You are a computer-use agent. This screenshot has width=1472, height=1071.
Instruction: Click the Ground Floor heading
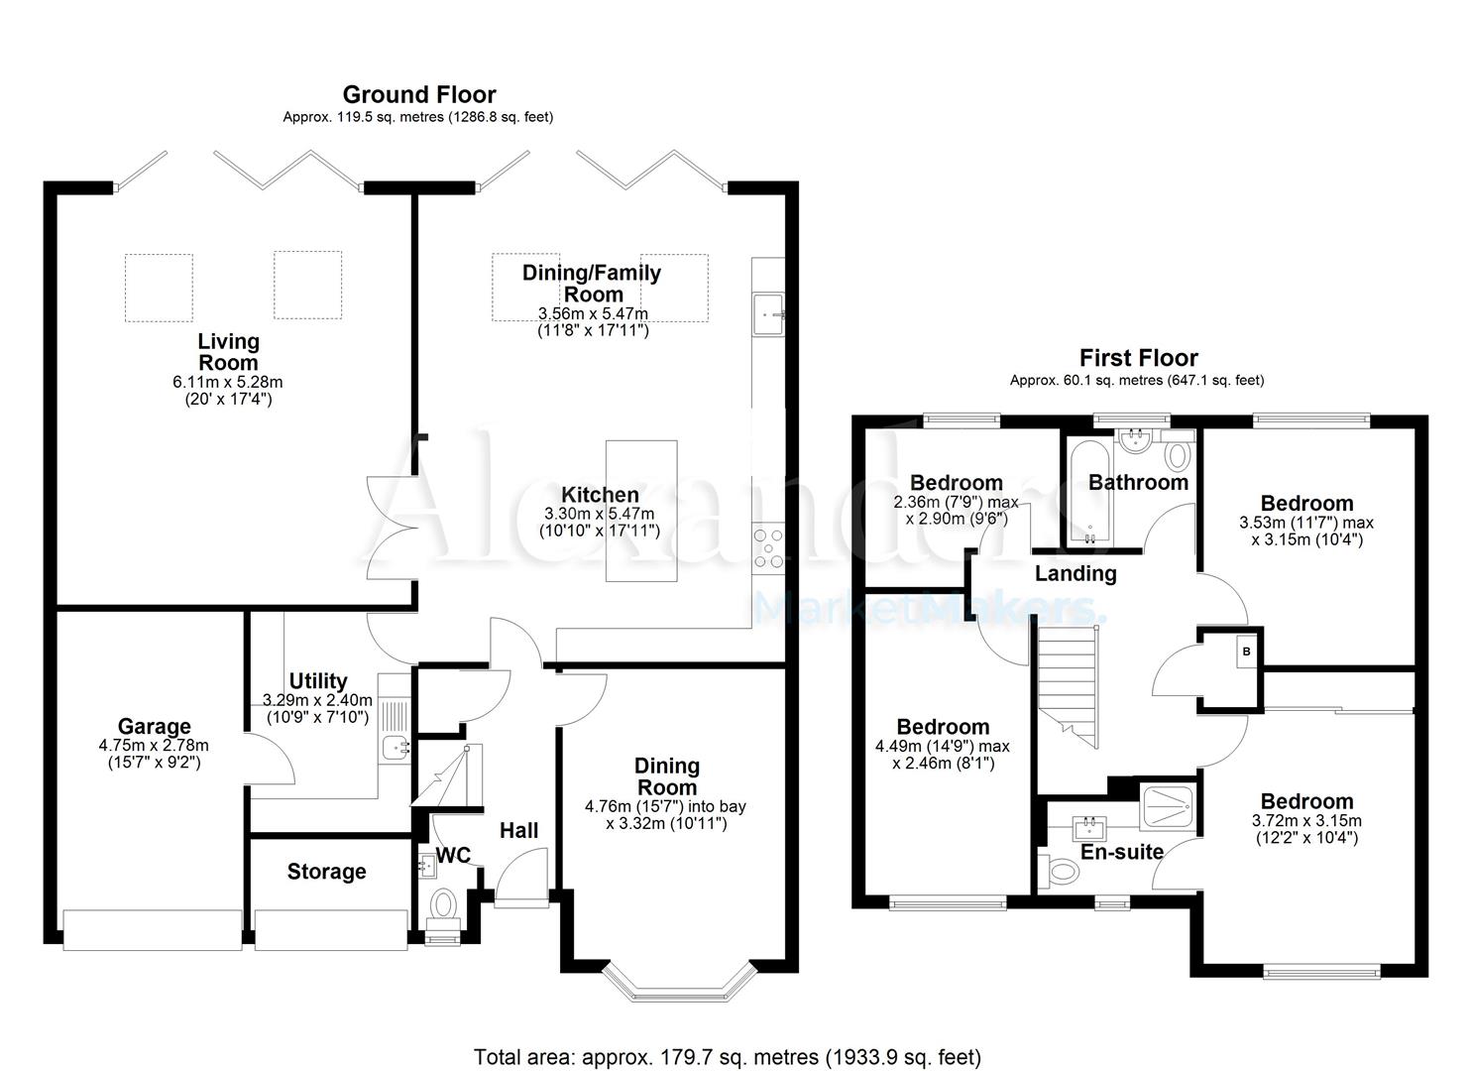(x=418, y=95)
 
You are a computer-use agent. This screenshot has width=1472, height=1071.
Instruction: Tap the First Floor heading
(x=1138, y=358)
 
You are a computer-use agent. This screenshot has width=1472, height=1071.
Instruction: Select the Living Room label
(x=228, y=352)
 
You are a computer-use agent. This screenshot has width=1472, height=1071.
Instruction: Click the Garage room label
(x=154, y=727)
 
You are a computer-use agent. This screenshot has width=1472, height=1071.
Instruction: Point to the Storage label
(x=326, y=872)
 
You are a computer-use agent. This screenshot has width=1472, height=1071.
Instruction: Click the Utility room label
(x=317, y=681)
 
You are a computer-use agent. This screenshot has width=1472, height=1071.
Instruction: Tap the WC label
(x=453, y=855)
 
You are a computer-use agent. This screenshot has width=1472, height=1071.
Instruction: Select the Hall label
(x=518, y=830)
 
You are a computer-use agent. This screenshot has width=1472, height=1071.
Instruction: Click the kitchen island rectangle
(x=641, y=511)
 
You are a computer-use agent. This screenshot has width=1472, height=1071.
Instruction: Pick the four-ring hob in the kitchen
(x=767, y=548)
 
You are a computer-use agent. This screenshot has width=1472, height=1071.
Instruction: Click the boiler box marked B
(x=1246, y=652)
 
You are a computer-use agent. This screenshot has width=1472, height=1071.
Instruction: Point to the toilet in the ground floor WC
(x=442, y=905)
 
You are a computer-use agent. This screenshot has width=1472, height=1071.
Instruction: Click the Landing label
(x=1076, y=573)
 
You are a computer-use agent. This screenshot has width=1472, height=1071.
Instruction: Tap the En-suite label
(x=1121, y=852)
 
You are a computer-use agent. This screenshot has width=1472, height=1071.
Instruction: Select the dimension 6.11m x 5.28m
(x=227, y=382)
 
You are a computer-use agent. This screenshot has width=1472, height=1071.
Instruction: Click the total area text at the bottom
(x=727, y=1057)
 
